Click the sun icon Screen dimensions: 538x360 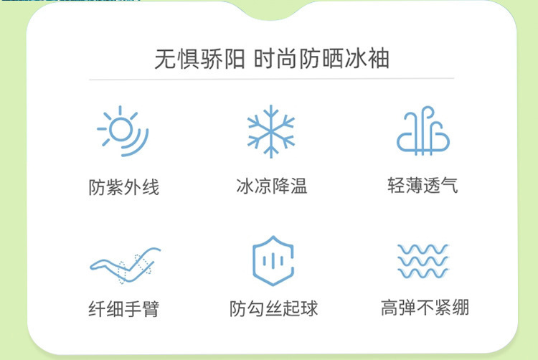tap(122, 131)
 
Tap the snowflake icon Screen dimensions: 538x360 tap(271, 131)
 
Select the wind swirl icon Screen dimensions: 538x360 tap(423, 131)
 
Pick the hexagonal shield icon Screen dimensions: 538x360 tap(273, 261)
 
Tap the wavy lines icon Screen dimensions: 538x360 tap(423, 261)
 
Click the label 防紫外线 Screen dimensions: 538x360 tap(124, 187)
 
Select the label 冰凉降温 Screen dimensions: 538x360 tap(271, 186)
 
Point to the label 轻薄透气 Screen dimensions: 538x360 tap(423, 186)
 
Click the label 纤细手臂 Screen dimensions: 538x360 tap(124, 308)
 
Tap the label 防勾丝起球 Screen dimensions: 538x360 tap(273, 308)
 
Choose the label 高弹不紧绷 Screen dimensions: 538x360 tap(425, 307)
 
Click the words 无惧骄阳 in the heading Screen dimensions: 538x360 tap(199, 59)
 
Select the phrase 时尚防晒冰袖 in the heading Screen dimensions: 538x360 tap(321, 58)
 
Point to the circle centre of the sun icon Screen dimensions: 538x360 tap(121, 129)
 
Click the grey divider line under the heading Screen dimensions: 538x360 tap(271, 79)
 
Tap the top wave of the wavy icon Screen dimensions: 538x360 tap(423, 250)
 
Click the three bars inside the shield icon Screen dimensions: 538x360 tap(273, 261)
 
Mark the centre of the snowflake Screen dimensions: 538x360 tap(271, 131)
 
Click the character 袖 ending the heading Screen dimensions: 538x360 tap(379, 58)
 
